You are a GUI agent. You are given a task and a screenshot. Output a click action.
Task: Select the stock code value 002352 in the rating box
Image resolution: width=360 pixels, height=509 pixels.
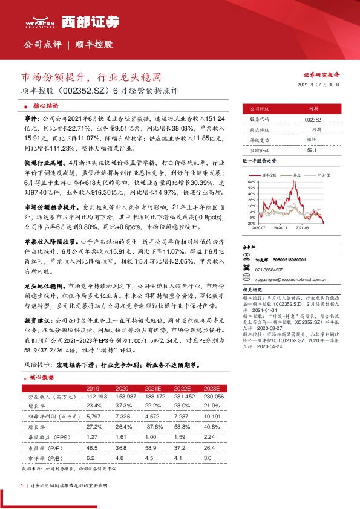click(313, 120)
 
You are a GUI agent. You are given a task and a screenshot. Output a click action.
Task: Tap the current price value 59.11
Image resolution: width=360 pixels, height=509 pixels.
click(313, 150)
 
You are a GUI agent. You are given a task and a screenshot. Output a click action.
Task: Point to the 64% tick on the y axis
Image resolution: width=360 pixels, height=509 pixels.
click(250, 181)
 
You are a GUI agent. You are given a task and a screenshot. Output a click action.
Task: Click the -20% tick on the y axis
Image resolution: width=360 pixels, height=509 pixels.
click(250, 223)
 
